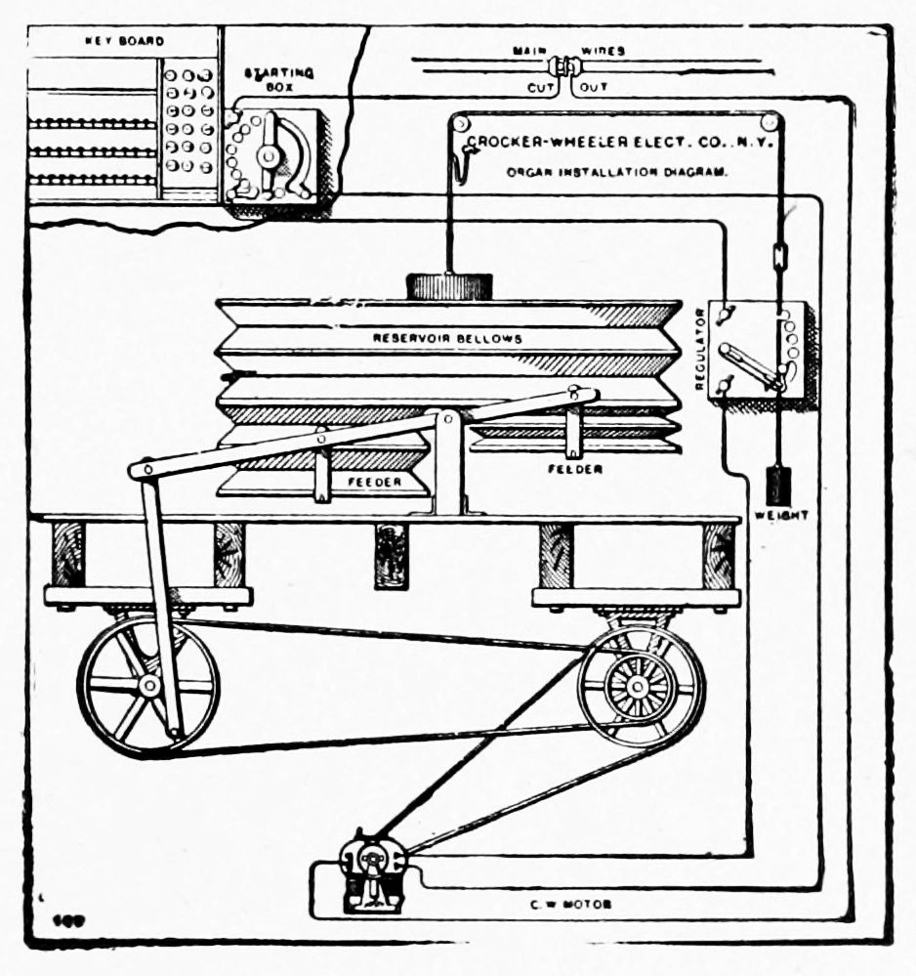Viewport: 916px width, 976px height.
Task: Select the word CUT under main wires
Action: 541,88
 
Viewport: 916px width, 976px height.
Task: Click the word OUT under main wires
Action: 594,88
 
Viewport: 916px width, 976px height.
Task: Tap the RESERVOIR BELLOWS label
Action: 447,338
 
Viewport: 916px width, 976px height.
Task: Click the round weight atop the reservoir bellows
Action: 448,286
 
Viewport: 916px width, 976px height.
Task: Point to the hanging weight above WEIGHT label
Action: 778,485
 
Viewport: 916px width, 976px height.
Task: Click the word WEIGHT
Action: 780,515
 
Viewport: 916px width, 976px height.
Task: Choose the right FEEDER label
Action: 575,469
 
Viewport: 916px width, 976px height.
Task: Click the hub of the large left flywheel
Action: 149,686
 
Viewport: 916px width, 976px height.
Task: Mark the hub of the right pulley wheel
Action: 639,686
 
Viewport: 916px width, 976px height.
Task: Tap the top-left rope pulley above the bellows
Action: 460,123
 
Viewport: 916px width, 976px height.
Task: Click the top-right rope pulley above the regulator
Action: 771,123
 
